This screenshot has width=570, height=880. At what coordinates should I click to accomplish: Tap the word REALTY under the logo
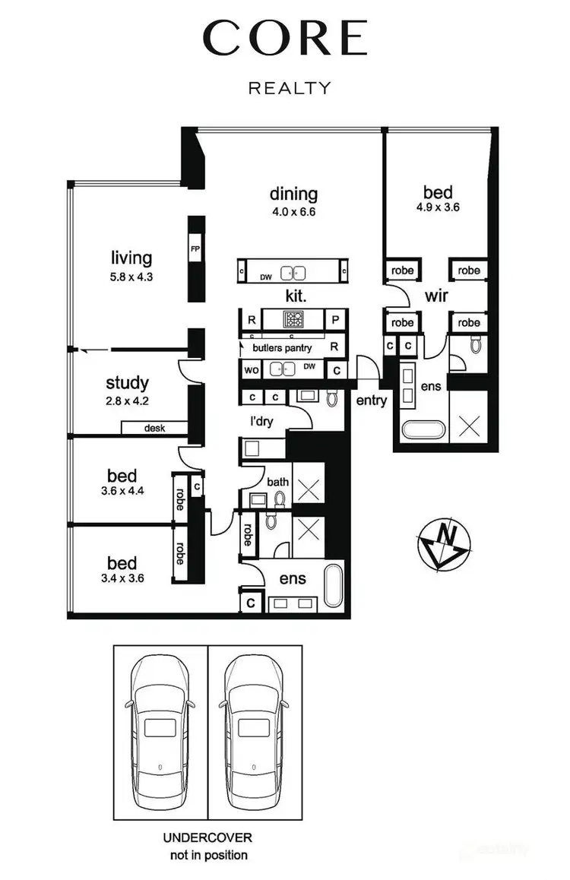click(290, 88)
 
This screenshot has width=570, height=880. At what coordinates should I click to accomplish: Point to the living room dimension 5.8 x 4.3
click(132, 277)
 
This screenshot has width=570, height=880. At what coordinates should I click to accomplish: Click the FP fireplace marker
click(195, 248)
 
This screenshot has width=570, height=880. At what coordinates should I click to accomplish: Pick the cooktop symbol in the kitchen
click(293, 318)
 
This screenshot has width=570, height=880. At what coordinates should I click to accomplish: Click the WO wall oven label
click(250, 370)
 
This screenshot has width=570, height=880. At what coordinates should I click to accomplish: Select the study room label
click(127, 383)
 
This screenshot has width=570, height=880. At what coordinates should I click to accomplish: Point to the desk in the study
click(154, 428)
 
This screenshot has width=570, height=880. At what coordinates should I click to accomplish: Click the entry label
click(371, 400)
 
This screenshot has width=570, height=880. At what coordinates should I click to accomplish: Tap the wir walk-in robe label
click(436, 296)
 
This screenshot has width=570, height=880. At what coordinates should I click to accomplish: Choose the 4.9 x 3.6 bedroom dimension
click(438, 207)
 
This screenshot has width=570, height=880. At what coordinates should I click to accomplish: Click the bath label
click(277, 482)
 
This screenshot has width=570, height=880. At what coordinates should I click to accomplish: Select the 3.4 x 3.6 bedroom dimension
click(122, 578)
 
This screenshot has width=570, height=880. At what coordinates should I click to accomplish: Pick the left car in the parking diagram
click(160, 723)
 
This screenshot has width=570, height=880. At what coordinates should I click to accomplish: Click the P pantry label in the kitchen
click(334, 319)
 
